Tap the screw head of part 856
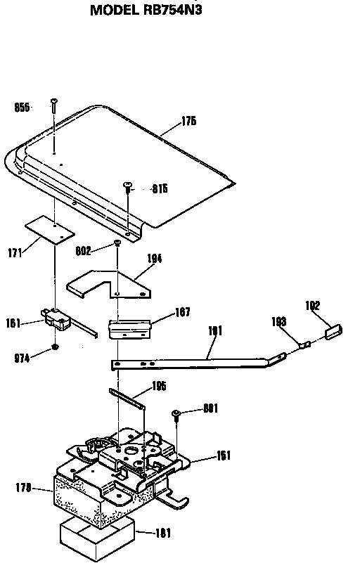point(53,102)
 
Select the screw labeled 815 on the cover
point(128,185)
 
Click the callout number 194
point(154,259)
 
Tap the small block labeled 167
point(130,326)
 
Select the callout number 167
point(181,312)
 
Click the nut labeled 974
point(54,349)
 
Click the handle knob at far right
point(333,330)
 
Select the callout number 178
point(23,486)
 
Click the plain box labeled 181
point(96,538)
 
